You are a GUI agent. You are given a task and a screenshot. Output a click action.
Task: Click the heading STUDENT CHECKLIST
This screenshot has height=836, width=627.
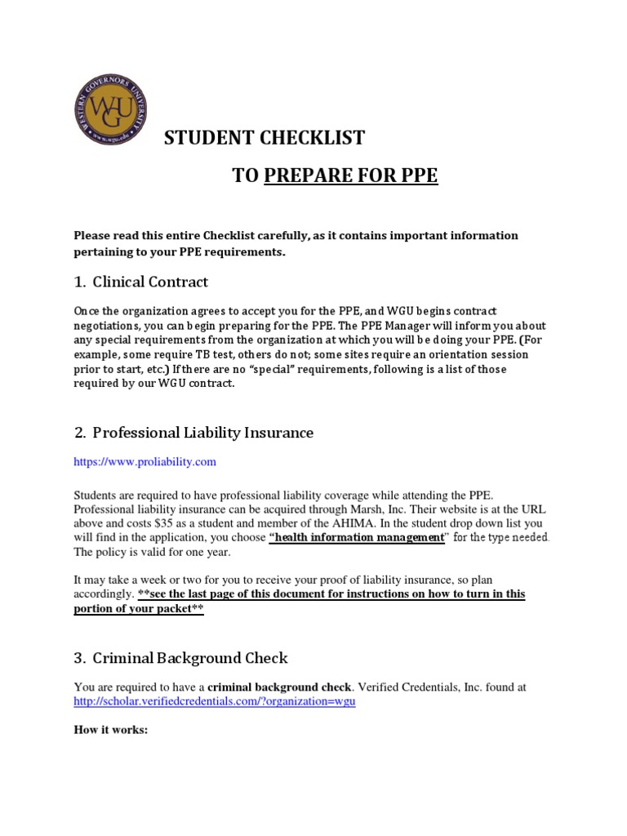(x=265, y=138)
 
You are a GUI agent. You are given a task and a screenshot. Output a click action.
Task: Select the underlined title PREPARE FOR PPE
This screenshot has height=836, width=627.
(x=351, y=176)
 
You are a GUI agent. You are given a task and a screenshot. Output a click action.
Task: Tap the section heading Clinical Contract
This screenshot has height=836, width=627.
(x=150, y=282)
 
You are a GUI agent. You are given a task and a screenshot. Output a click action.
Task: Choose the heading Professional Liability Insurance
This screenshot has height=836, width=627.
(x=203, y=433)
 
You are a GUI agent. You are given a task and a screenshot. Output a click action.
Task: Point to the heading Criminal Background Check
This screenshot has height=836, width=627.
(x=190, y=657)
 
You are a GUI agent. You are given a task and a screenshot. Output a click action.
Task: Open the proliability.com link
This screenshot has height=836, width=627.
(x=145, y=462)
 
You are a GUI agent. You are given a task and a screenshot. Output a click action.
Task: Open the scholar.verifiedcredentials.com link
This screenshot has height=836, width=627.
(x=215, y=701)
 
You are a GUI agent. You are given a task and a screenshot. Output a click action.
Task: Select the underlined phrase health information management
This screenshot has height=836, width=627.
(x=356, y=537)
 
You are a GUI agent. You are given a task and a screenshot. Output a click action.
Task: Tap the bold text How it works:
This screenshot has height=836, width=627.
(x=110, y=730)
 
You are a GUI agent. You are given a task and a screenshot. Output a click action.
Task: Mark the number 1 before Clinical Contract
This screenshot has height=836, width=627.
(x=79, y=282)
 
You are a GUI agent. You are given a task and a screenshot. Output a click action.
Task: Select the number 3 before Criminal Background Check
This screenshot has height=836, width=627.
(x=79, y=657)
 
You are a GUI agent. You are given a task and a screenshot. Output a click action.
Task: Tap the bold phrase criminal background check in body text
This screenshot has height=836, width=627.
(x=282, y=687)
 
